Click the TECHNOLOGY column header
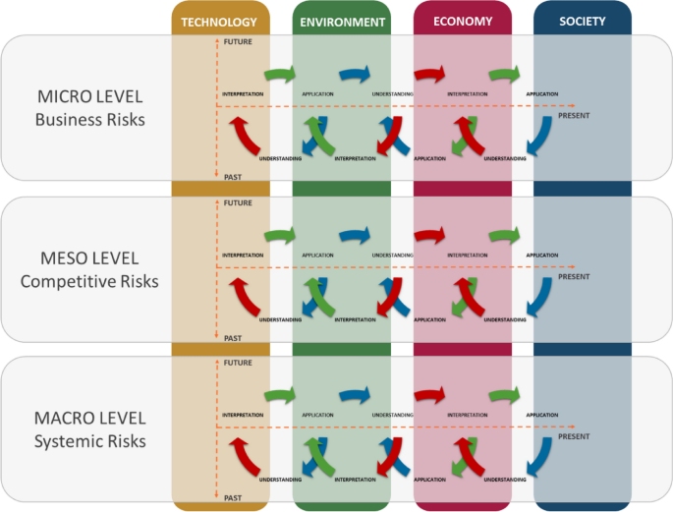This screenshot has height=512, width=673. pyautogui.click(x=219, y=22)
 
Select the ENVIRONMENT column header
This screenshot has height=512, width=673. pyautogui.click(x=341, y=22)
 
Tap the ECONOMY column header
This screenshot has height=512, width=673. pyautogui.click(x=462, y=22)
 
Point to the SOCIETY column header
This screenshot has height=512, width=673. pyautogui.click(x=582, y=22)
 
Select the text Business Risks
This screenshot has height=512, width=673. pyautogui.click(x=88, y=121)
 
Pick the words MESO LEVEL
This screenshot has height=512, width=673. pyautogui.click(x=88, y=260)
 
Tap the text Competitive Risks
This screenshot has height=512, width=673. pyautogui.click(x=88, y=282)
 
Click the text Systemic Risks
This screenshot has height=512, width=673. pyautogui.click(x=88, y=441)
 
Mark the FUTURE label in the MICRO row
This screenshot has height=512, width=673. pyautogui.click(x=238, y=42)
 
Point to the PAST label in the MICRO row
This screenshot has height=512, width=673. pyautogui.click(x=233, y=177)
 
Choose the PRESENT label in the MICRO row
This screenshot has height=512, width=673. pyautogui.click(x=574, y=116)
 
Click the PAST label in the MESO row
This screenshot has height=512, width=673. pyautogui.click(x=233, y=338)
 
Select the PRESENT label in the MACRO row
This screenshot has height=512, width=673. pyautogui.click(x=574, y=436)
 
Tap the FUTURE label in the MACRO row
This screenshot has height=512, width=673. pyautogui.click(x=238, y=363)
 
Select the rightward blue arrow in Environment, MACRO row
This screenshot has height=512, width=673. pyautogui.click(x=355, y=396)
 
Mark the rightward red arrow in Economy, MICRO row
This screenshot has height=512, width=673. pyautogui.click(x=429, y=75)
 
